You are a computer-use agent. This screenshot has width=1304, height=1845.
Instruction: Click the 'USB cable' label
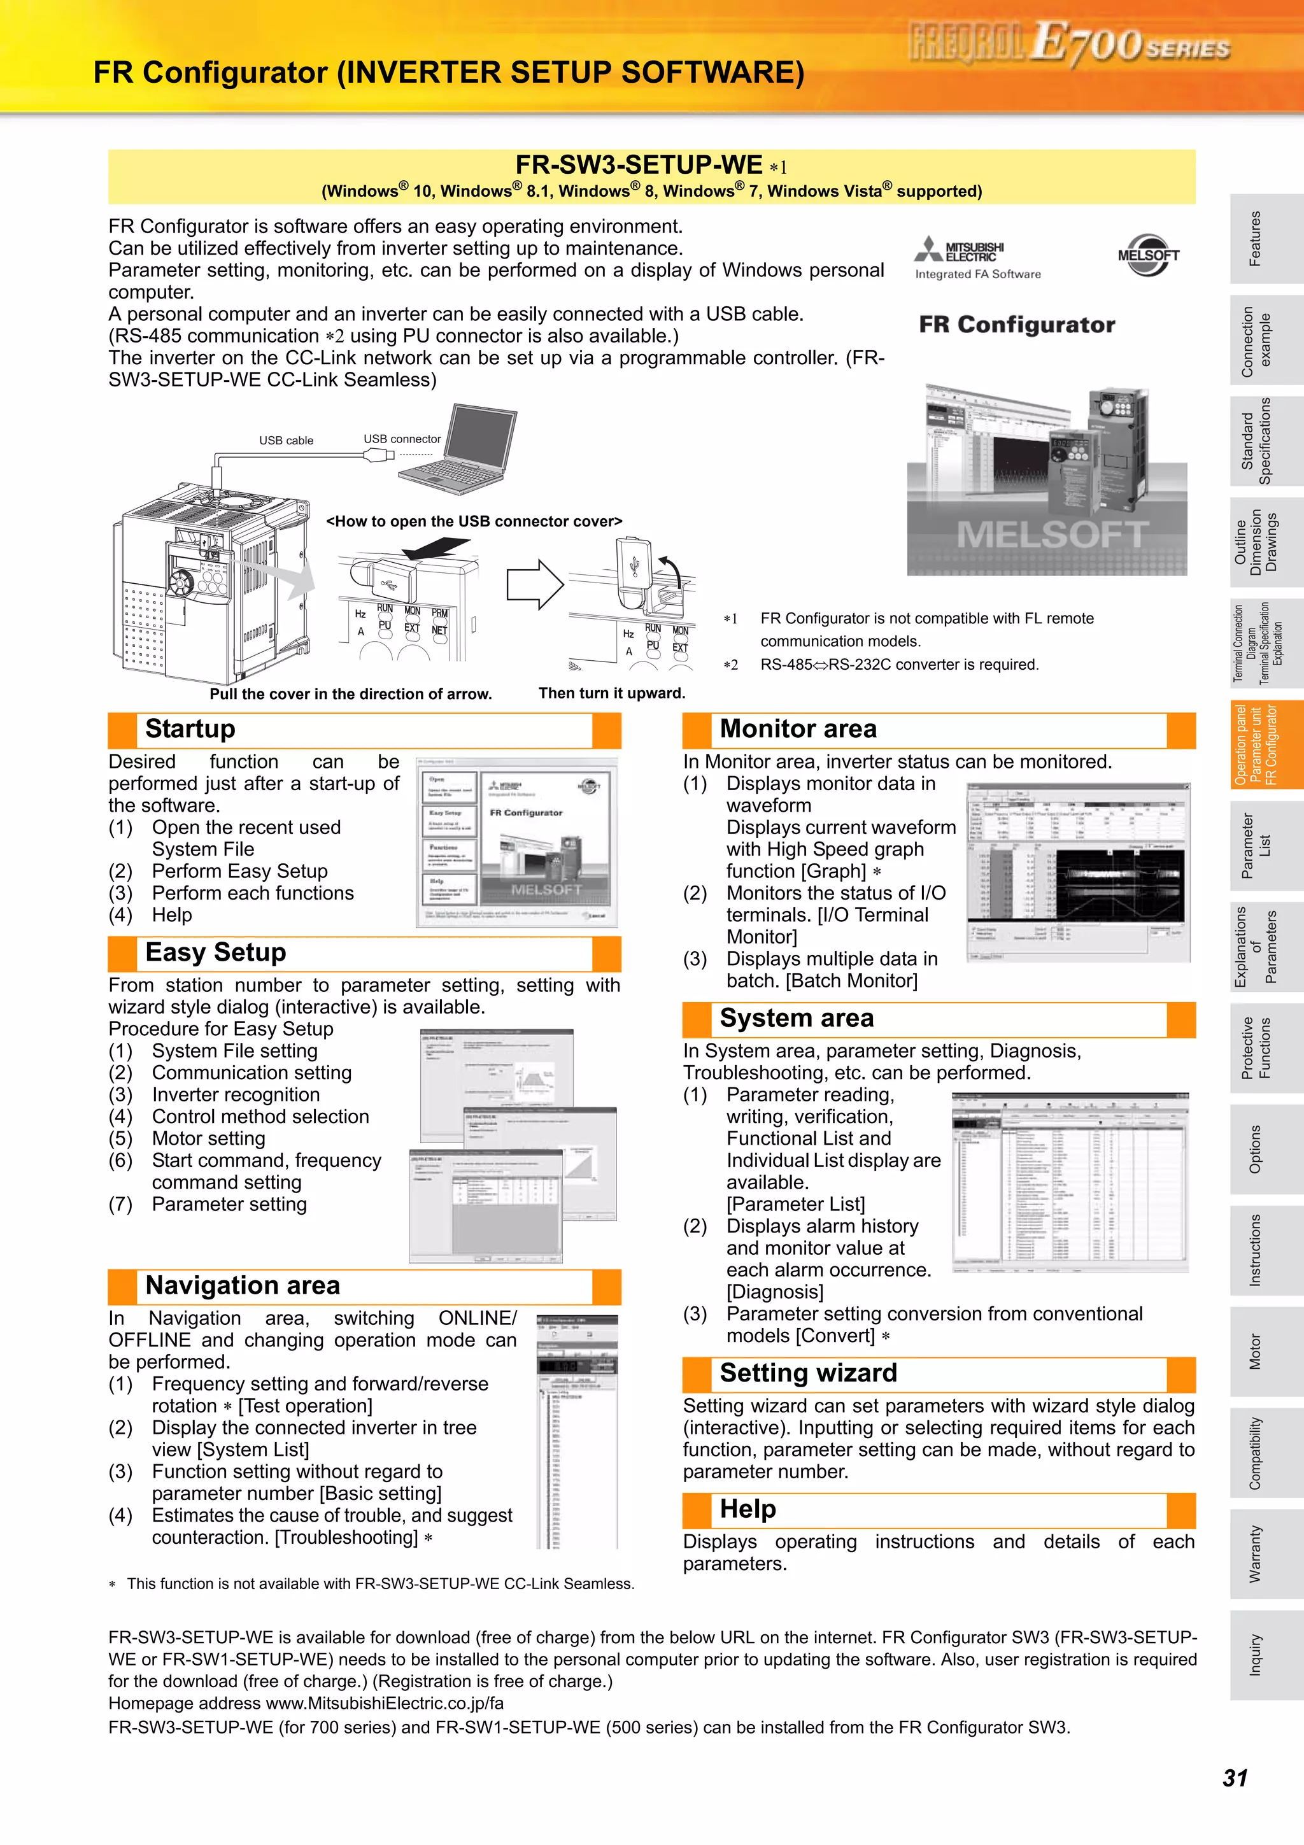pos(286,441)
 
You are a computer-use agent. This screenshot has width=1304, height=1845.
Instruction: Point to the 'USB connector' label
pos(402,439)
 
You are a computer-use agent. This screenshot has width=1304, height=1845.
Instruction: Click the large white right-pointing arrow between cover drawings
pos(534,584)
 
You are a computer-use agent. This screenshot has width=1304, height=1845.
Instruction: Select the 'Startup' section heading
pos(190,729)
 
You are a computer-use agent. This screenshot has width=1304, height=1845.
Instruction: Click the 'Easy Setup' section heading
pos(215,952)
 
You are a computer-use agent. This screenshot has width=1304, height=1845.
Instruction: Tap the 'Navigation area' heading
pos(243,1286)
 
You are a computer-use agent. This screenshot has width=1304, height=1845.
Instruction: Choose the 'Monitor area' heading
pos(798,729)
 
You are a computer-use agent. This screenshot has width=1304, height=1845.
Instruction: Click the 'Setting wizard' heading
pos(807,1373)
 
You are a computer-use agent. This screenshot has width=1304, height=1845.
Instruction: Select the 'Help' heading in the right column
pos(748,1509)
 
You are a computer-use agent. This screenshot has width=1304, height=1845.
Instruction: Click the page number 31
pos(1235,1778)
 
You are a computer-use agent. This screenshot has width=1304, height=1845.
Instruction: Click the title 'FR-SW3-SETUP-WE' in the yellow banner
pos(639,165)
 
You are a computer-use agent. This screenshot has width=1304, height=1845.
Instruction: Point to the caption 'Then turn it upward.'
pos(611,693)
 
